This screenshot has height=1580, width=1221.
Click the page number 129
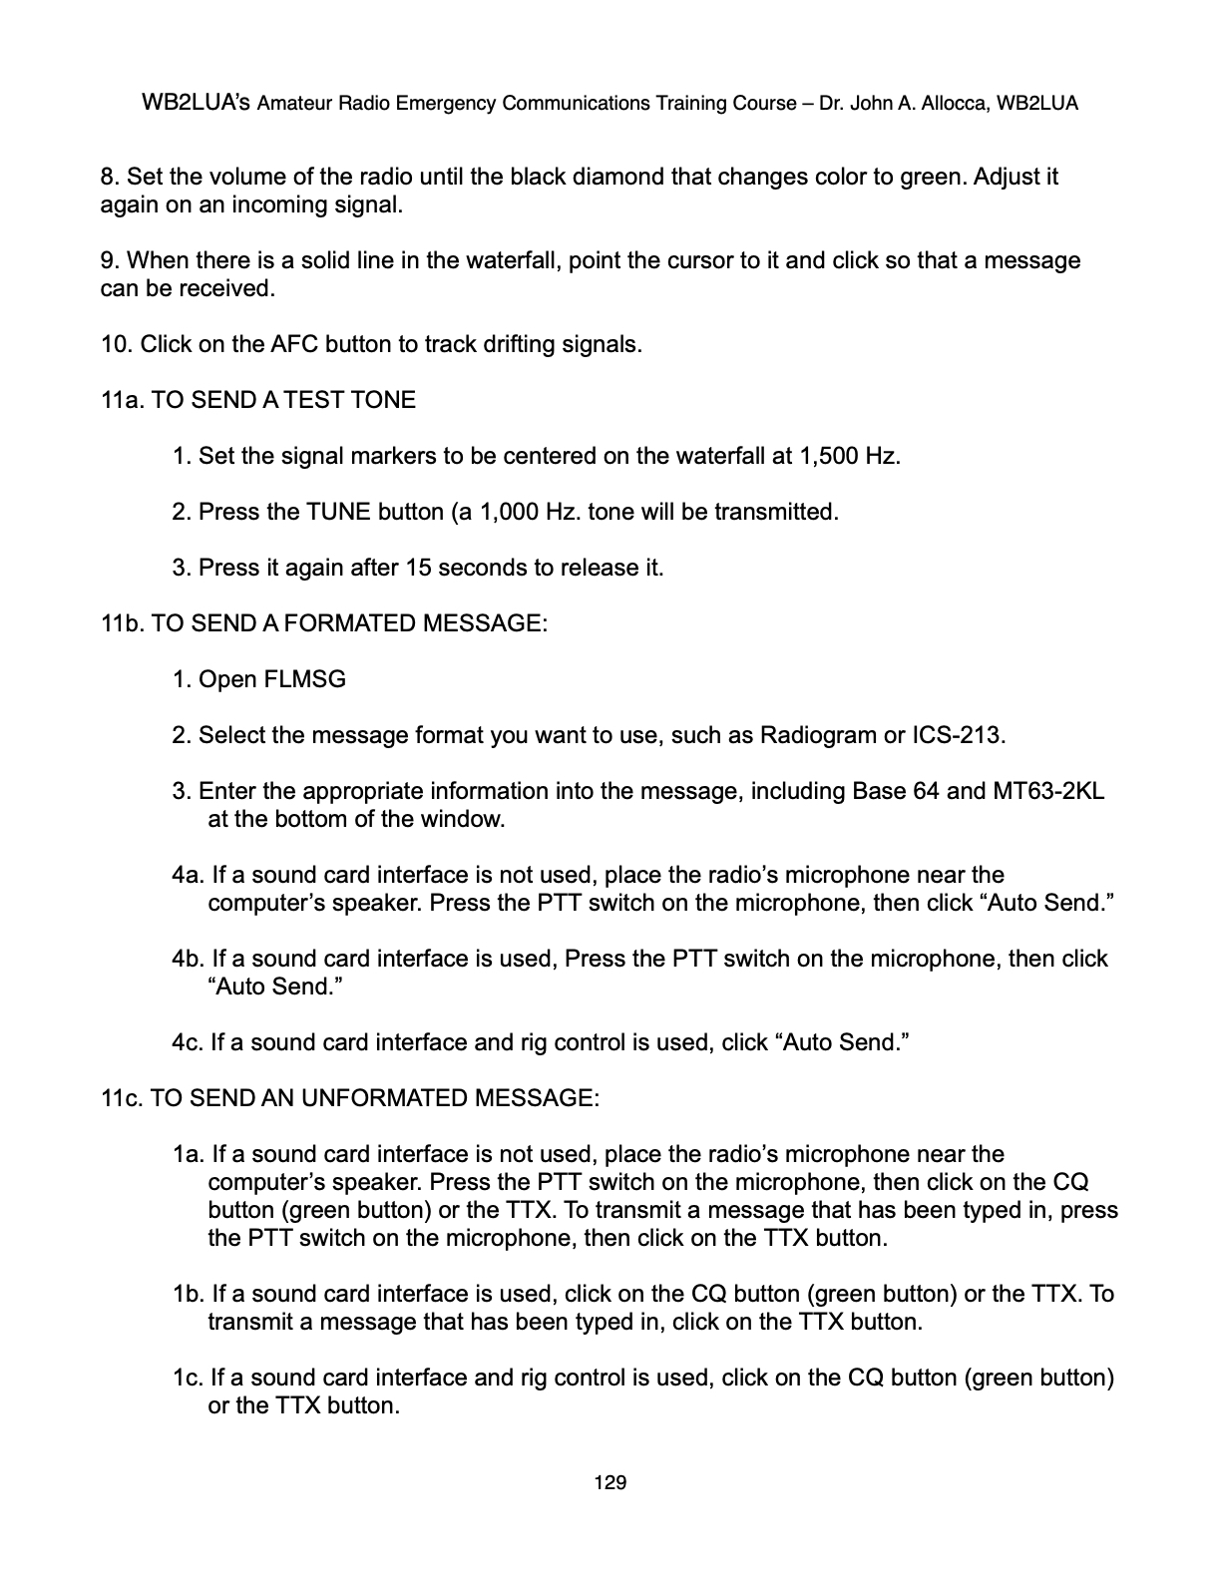(x=610, y=1482)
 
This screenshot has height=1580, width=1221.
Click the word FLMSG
(x=304, y=680)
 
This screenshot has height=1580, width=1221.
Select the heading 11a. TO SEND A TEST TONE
(x=258, y=401)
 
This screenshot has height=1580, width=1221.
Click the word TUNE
(x=338, y=513)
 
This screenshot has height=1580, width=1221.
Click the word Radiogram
(x=818, y=736)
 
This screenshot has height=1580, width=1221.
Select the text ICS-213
(x=959, y=736)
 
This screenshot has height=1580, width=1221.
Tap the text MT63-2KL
(x=1048, y=792)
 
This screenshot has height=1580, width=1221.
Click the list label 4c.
(x=188, y=1043)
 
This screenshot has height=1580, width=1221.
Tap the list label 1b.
(x=189, y=1295)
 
